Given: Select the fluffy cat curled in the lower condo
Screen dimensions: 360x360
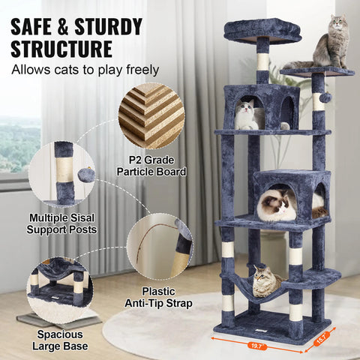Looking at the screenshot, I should pyautogui.click(x=277, y=205).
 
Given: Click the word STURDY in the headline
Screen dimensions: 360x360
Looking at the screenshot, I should pyautogui.click(x=106, y=27).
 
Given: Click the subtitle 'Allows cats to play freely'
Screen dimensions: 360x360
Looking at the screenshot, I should pyautogui.click(x=85, y=70).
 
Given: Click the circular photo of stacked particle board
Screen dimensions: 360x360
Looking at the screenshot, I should pyautogui.click(x=151, y=116).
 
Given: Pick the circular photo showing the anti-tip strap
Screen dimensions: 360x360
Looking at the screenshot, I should pyautogui.click(x=159, y=247).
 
